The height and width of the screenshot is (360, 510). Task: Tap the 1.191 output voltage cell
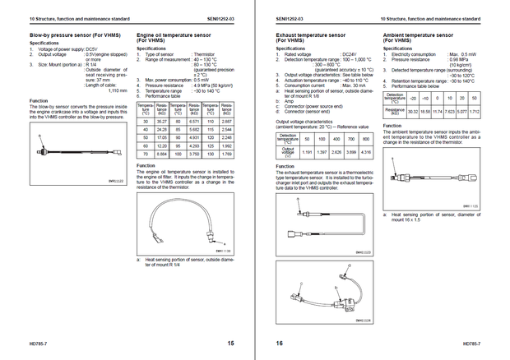coord(307,152)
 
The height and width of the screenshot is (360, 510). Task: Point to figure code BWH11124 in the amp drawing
coord(362,319)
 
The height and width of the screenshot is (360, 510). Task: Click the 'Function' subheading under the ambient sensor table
coord(392,125)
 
